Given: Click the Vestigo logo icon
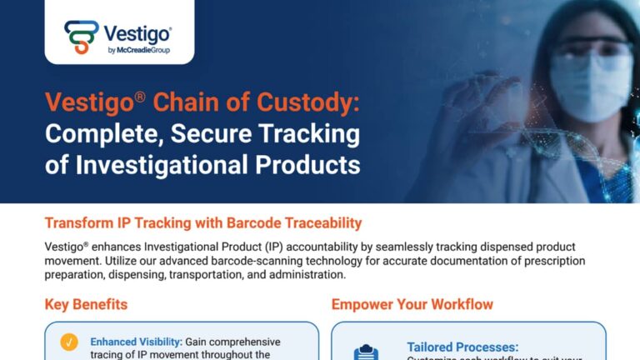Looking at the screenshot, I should coord(81,37).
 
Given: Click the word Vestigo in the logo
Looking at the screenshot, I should coord(137,34).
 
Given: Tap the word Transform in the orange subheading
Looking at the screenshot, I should coord(82,223).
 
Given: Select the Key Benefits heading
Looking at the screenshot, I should coord(86,304).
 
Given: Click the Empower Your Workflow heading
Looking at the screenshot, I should coord(412,304).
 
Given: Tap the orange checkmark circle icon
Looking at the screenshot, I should coord(69,342).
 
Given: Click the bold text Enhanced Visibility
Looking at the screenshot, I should coord(135,342).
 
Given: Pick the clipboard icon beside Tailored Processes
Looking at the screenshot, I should coord(367,352).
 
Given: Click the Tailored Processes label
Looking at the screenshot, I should coord(462,347).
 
